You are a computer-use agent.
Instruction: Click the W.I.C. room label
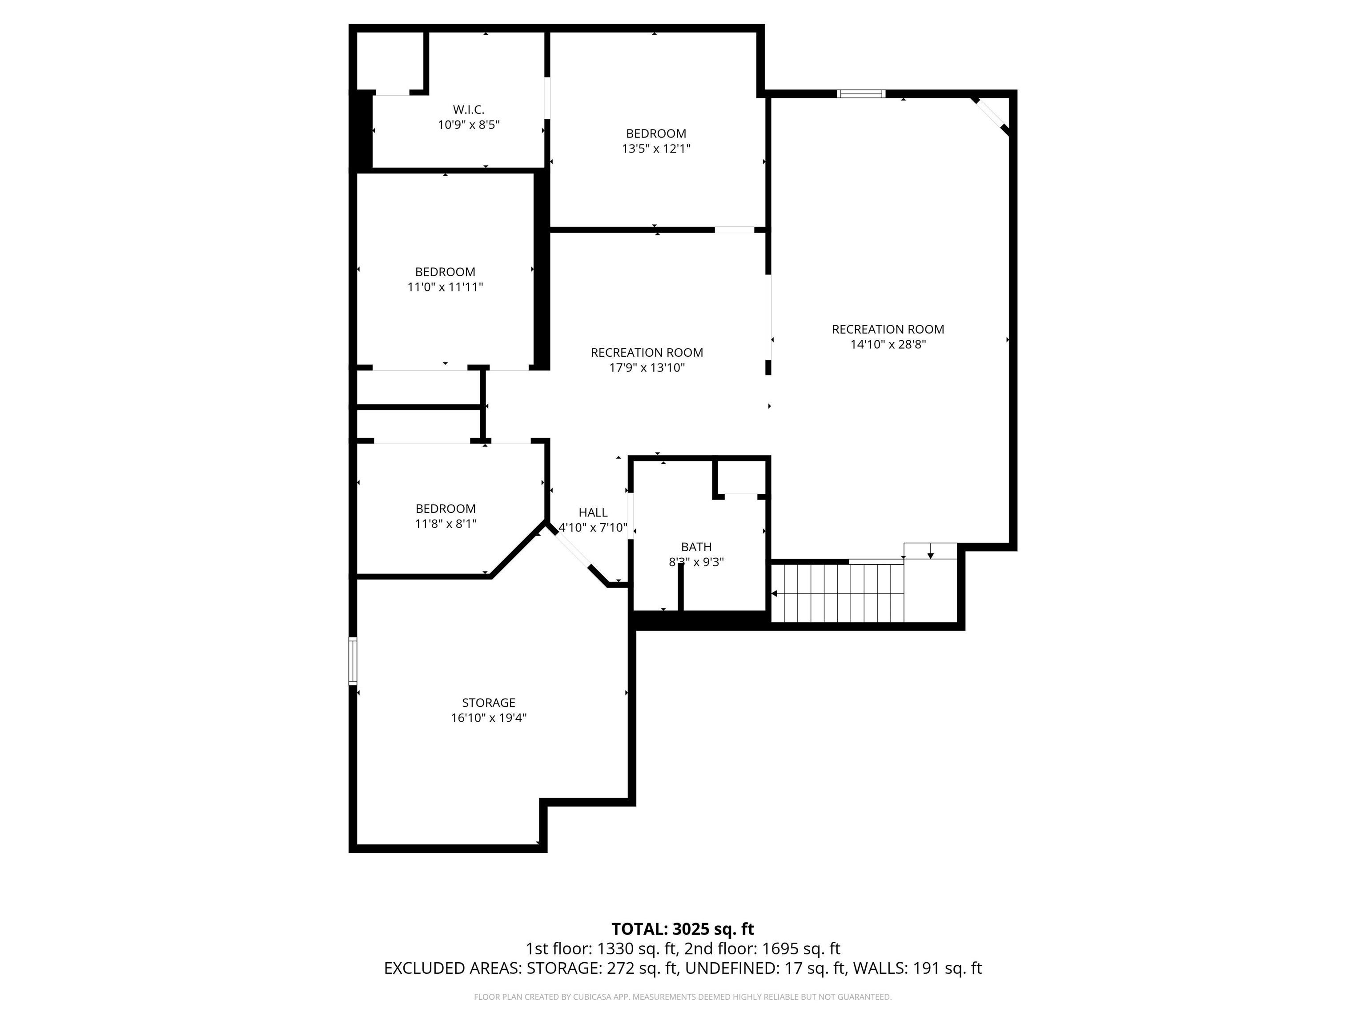click(x=468, y=110)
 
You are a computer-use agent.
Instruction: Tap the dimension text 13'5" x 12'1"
click(x=656, y=148)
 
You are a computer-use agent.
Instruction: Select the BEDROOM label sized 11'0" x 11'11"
click(x=445, y=272)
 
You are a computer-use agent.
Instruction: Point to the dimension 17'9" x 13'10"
click(x=647, y=367)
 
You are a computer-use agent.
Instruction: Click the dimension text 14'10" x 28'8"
click(x=888, y=344)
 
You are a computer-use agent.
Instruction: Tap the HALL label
click(x=593, y=512)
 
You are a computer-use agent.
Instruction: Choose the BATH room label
click(x=696, y=547)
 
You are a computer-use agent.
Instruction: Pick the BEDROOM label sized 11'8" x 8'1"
click(x=445, y=508)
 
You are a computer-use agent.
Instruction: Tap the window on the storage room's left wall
click(x=353, y=661)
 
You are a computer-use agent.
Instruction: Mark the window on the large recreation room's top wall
click(x=861, y=94)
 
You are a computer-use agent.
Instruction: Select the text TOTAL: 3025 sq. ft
click(x=683, y=928)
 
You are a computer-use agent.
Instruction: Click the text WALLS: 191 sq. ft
click(x=916, y=968)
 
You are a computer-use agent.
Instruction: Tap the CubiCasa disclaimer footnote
click(x=683, y=997)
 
